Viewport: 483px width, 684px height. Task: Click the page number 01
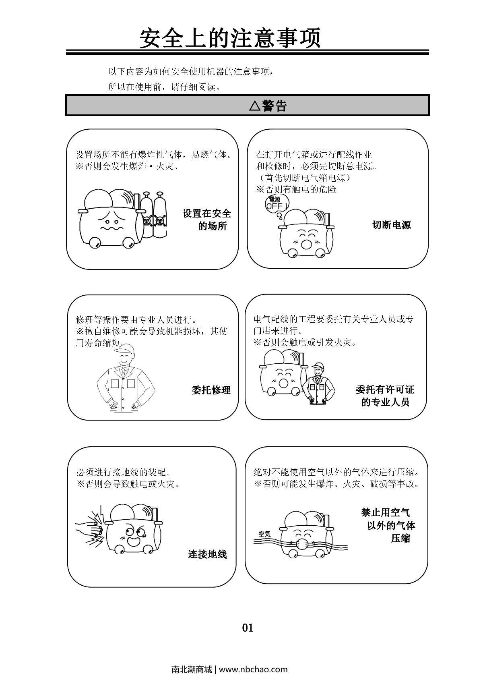248,628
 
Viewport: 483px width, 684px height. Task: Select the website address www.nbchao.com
253,669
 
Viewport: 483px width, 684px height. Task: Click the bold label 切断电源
392,225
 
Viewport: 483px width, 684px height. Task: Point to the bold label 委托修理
211,390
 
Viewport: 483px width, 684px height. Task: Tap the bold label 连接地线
207,554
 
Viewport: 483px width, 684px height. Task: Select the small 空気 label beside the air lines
264,533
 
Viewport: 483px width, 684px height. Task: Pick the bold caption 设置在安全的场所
207,220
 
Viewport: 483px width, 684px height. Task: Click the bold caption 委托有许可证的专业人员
385,396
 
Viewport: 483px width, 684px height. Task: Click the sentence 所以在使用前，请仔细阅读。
164,87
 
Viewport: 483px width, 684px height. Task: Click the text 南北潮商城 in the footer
192,669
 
